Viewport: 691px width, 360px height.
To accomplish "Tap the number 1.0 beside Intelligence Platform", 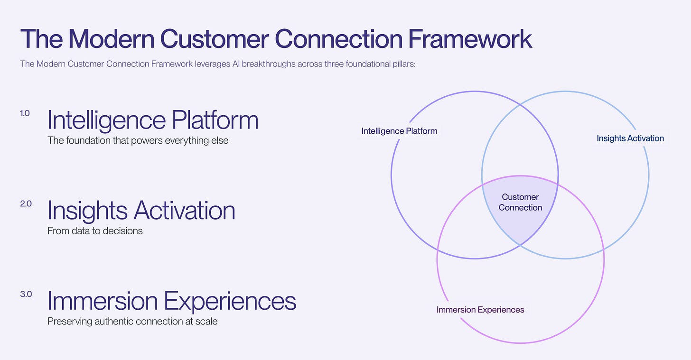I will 25,113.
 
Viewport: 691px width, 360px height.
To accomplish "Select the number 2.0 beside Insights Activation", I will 26,204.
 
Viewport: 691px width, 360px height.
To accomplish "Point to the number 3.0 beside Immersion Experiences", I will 26,294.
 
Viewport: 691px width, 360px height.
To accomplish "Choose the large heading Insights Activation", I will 141,210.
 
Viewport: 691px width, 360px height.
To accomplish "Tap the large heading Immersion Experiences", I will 172,300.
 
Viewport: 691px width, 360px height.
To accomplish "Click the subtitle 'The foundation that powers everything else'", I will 138,140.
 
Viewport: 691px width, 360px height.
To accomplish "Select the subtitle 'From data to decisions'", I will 95,231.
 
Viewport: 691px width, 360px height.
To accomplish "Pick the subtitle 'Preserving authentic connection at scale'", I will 132,321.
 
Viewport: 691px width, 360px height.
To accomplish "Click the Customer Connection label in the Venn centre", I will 520,202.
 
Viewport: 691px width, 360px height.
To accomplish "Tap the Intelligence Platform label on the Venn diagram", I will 399,131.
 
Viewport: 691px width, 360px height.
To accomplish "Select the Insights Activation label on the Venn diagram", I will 630,138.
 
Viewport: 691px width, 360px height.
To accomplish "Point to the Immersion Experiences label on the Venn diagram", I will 480,310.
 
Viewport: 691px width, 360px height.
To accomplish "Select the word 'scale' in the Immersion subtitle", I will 207,321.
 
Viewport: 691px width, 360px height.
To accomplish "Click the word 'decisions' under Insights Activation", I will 124,231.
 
